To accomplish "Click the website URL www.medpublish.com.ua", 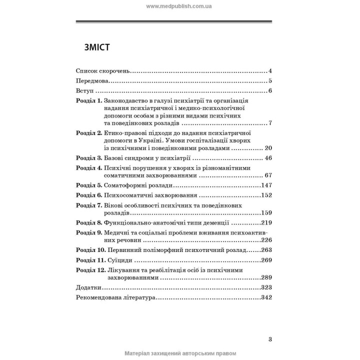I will click(x=179, y=6).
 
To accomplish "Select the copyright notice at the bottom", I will click(x=179, y=353).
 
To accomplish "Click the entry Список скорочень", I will click(x=103, y=70).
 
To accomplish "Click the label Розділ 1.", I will click(x=88, y=101).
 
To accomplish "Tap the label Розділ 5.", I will click(x=88, y=185).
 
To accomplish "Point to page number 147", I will click(x=265, y=185).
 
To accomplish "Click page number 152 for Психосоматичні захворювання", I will click(x=265, y=195).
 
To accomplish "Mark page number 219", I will click(x=265, y=223).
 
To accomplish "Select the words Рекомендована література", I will click(x=114, y=298).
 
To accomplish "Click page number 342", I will click(x=265, y=298).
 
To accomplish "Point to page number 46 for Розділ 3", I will click(x=267, y=158).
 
